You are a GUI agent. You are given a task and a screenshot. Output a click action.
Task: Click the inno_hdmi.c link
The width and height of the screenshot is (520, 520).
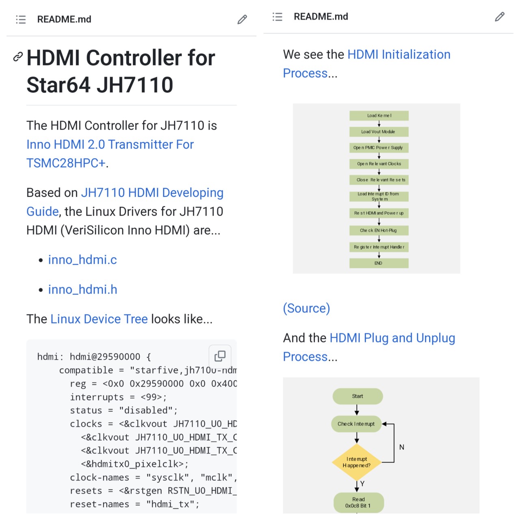coord(82,260)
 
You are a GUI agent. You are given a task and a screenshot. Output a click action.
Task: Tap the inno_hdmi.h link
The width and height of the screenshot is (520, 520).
coord(82,289)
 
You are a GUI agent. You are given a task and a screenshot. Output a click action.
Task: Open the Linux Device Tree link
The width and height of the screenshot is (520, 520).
coord(99,319)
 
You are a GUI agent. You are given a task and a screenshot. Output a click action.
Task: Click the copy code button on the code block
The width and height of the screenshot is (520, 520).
coord(220,356)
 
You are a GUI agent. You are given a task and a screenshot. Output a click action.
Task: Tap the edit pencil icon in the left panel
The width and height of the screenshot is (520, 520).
coord(242,19)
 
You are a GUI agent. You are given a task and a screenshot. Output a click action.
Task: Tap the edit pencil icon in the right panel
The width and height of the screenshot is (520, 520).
coord(500,17)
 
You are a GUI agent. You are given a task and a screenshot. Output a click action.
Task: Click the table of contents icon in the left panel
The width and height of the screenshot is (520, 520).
coord(21,19)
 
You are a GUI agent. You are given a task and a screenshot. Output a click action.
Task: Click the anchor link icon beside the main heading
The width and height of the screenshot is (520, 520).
coord(18,57)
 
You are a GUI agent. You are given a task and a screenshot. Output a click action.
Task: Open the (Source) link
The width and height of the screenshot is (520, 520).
coord(306,308)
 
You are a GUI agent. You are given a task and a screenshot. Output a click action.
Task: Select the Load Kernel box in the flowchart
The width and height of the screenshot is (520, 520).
coord(379,116)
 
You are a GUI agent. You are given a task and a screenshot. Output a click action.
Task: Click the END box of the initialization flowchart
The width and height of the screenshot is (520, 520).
coord(379,263)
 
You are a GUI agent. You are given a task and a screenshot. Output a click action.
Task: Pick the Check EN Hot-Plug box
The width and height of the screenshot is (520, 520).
coord(379,230)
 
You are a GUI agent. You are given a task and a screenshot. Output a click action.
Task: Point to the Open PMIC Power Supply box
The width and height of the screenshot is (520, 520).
coord(379,148)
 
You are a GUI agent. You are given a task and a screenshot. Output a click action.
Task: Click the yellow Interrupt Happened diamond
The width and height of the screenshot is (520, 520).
coord(357,462)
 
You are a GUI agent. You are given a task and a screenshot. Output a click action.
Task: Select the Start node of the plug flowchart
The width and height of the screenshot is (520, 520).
coord(357,396)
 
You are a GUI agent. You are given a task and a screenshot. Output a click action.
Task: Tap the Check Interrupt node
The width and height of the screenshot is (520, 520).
coord(356,424)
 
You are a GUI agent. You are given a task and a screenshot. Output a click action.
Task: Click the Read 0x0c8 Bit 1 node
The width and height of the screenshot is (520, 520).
coord(358,503)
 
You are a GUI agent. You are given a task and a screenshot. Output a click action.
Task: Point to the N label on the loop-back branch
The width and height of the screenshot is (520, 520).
coord(402,447)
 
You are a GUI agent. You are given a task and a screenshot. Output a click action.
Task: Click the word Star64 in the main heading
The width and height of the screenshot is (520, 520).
coord(58,85)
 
